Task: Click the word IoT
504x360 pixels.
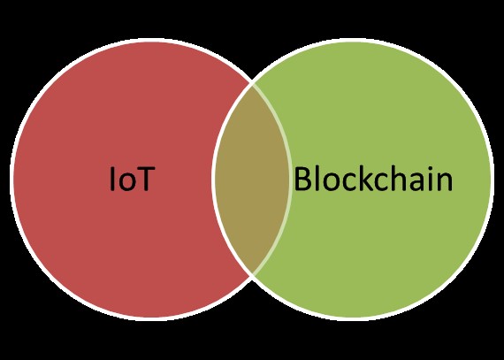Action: click(133, 179)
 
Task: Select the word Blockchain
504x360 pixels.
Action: click(373, 178)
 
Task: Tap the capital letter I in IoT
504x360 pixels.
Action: click(112, 179)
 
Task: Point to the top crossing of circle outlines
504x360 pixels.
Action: click(252, 85)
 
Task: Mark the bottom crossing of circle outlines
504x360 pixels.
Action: click(252, 274)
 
